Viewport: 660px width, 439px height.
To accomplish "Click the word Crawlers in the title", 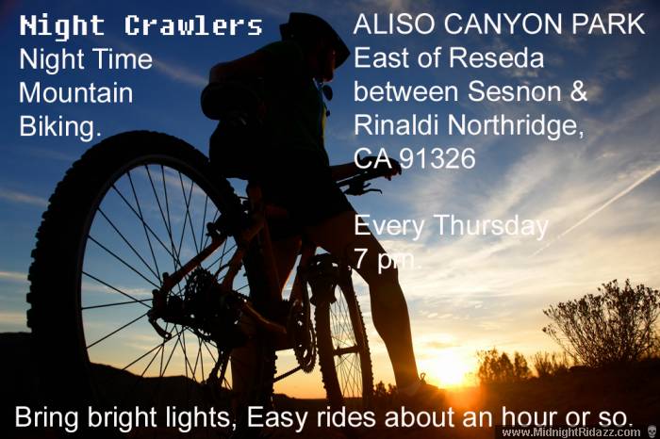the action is [193, 25].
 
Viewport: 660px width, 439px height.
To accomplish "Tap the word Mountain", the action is [75, 93].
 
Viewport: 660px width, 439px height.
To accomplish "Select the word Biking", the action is [60, 127].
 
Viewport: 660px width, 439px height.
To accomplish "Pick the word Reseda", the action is [497, 57].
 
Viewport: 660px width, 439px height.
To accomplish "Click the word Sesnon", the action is [514, 91].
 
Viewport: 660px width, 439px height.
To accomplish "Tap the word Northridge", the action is [515, 126].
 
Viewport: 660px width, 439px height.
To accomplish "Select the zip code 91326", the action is [437, 158].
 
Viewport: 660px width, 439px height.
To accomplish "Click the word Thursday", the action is [491, 227].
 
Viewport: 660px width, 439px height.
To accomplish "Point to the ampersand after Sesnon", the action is [578, 91].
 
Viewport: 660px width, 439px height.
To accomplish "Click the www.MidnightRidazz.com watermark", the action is [571, 432].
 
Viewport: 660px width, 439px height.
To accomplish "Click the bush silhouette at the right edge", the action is [602, 324].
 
